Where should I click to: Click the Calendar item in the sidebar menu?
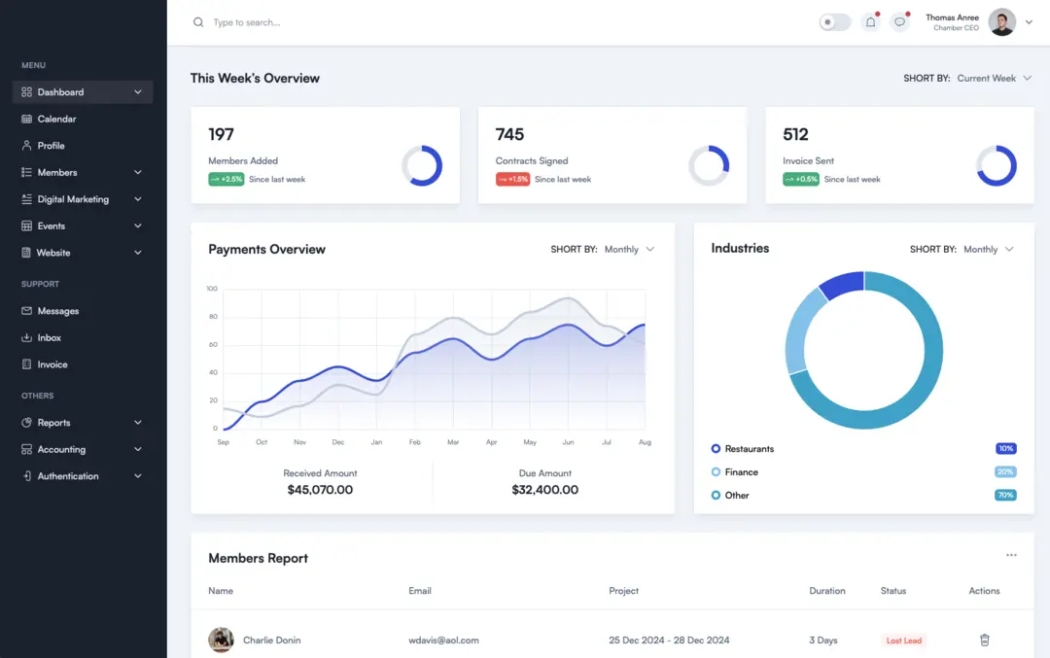56,119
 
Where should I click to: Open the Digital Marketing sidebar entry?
73,199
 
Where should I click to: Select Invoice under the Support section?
52,364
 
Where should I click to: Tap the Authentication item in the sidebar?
68,476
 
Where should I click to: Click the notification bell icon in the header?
870,22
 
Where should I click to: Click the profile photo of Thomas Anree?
1001,22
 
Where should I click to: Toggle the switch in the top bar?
834,22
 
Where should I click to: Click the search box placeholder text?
247,22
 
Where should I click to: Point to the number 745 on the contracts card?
509,134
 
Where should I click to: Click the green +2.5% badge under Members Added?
226,180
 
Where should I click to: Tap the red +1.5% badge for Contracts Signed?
512,180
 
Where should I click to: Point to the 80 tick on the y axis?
212,317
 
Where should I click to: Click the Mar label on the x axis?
453,442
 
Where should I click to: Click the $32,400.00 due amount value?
544,490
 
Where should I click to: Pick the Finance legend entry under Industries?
741,472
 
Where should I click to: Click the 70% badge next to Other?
1005,496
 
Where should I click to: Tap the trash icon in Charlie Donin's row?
984,641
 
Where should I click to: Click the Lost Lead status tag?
904,641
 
